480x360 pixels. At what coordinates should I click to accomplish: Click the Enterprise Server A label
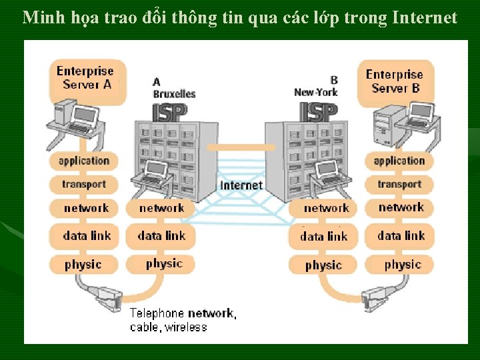85,77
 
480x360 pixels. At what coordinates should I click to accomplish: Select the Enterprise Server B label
395,81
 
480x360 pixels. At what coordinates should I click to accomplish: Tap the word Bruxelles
174,94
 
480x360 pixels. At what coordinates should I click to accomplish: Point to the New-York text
316,92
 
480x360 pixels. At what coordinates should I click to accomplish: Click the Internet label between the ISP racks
241,185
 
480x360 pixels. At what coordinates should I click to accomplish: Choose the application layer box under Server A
84,161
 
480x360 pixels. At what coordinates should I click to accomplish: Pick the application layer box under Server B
399,161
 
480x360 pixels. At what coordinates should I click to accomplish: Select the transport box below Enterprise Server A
84,185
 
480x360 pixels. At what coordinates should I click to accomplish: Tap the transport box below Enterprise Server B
399,185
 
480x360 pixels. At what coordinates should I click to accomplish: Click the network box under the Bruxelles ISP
161,208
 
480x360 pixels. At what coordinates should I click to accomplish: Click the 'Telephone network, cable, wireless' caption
181,320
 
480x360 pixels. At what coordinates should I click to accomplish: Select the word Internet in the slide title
425,18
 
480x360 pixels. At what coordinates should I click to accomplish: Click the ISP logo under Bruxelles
174,112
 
